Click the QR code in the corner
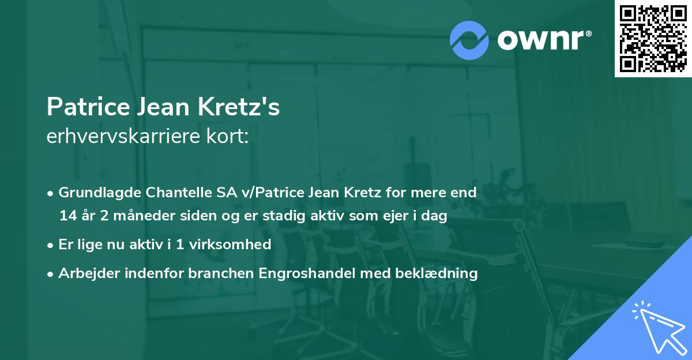point(653,39)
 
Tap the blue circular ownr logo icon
point(469,39)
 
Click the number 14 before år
point(67,216)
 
